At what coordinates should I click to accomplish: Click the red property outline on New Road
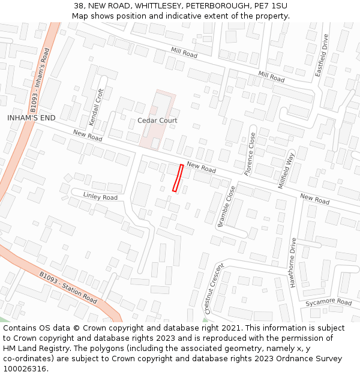pyautogui.click(x=178, y=178)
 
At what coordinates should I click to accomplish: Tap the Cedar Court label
pyautogui.click(x=157, y=121)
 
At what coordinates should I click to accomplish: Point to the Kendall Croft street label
pyautogui.click(x=96, y=107)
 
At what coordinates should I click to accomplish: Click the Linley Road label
pyautogui.click(x=100, y=197)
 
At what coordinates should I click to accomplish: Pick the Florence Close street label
pyautogui.click(x=250, y=154)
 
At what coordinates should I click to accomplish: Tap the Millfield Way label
pyautogui.click(x=286, y=170)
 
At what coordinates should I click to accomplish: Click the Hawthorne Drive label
pyautogui.click(x=293, y=263)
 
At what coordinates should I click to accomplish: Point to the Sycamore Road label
pyautogui.click(x=328, y=302)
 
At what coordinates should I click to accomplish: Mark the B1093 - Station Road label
pyautogui.click(x=68, y=287)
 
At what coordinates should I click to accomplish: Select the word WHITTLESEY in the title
pyautogui.click(x=159, y=5)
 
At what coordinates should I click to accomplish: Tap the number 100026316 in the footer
pyautogui.click(x=24, y=368)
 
